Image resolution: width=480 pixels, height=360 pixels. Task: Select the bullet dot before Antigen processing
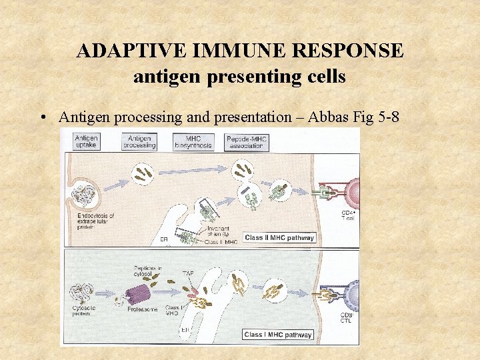point(43,118)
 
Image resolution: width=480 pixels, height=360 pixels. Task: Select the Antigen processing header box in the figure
point(139,141)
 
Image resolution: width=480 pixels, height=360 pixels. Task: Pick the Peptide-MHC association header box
point(247,141)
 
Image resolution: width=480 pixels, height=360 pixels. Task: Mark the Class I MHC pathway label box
point(278,335)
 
